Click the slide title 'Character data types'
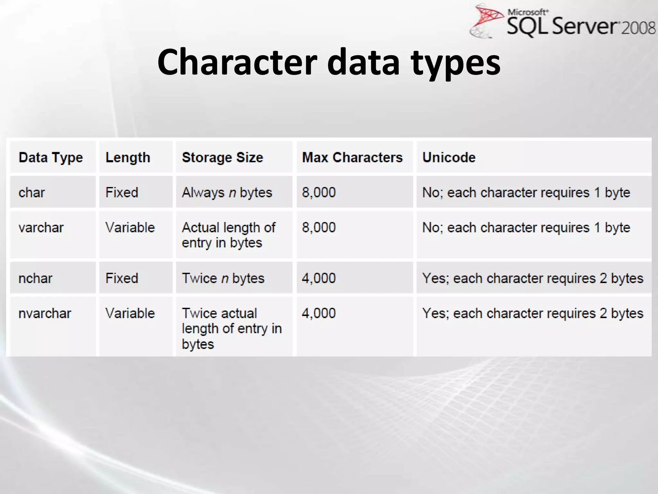[329, 62]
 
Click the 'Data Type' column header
[51, 158]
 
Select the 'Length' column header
[128, 158]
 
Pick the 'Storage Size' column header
[222, 158]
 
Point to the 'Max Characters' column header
[352, 158]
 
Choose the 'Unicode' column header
[449, 158]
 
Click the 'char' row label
[31, 193]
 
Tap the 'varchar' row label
[41, 228]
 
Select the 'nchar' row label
[35, 278]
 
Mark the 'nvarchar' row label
[45, 313]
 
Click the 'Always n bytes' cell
[227, 193]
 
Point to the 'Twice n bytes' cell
[223, 278]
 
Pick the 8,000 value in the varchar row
[319, 228]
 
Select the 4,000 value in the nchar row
[319, 278]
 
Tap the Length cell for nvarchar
[130, 313]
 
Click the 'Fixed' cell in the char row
[122, 193]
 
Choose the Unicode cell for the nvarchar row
[533, 313]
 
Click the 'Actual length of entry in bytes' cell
[228, 235]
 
